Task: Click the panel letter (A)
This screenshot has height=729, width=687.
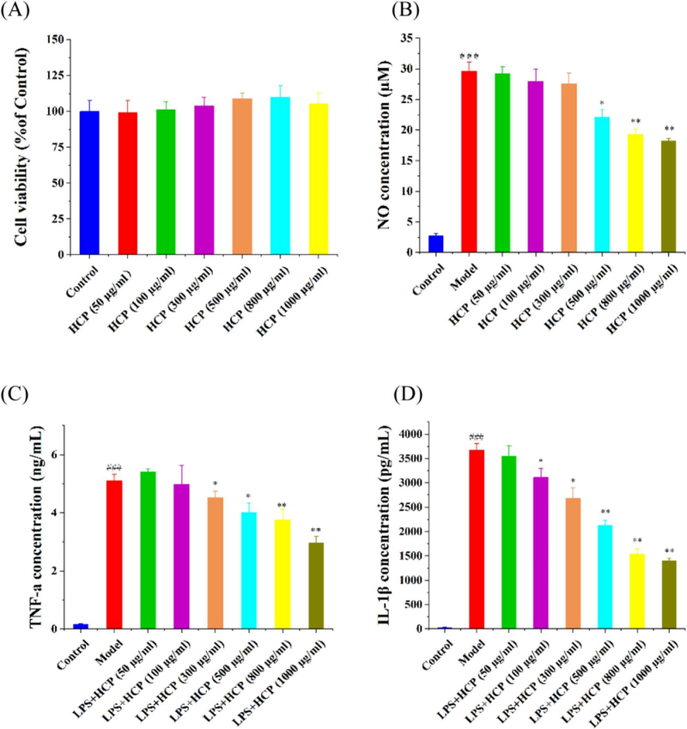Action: [19, 14]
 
